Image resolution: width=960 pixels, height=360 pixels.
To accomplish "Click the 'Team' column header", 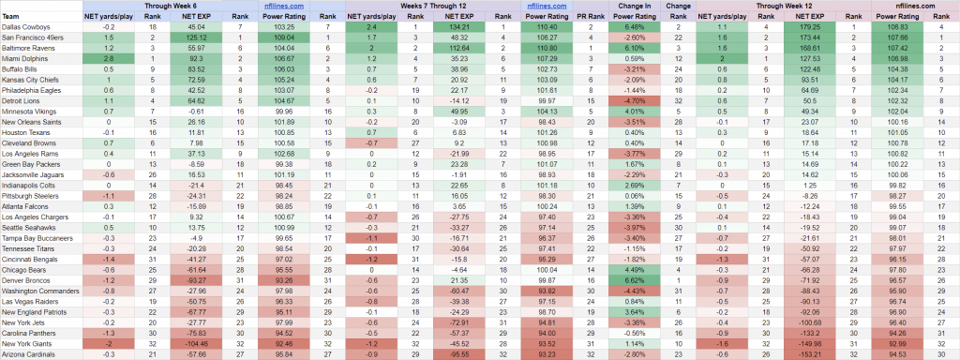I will pos(11,15).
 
